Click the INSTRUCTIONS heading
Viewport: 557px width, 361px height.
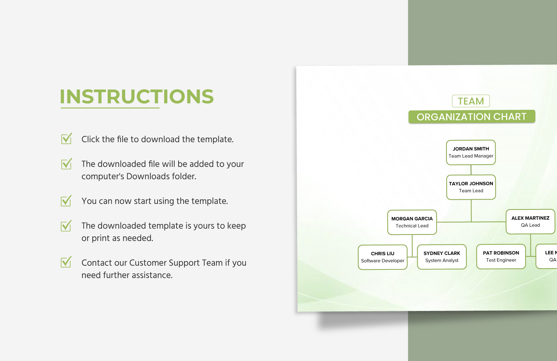[137, 97]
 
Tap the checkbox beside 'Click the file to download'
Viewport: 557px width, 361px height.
[66, 139]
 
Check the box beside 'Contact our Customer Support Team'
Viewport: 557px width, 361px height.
[66, 263]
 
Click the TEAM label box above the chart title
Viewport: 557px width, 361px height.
[471, 101]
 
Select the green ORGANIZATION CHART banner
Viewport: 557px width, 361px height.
[472, 117]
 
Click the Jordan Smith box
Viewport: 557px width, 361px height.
[471, 152]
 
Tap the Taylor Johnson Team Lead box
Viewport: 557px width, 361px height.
[471, 187]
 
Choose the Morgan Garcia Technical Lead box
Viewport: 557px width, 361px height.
[412, 222]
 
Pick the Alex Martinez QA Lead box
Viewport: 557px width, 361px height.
[530, 222]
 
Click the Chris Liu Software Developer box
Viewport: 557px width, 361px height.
[382, 257]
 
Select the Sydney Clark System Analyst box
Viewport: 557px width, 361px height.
[441, 257]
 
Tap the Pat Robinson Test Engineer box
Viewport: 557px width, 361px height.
[501, 256]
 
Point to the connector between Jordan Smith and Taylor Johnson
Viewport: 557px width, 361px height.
[471, 170]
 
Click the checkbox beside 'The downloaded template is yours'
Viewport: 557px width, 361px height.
[66, 226]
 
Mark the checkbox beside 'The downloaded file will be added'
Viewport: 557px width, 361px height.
[66, 164]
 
